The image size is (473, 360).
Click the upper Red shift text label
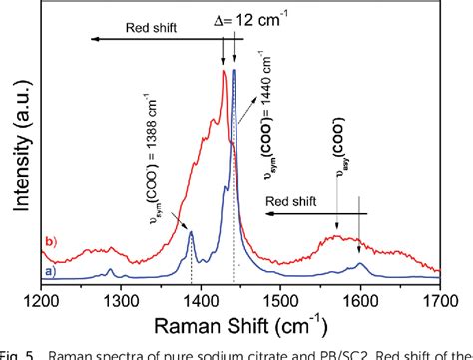150,29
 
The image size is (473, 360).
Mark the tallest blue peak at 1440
234,70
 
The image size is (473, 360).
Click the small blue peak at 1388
191,233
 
